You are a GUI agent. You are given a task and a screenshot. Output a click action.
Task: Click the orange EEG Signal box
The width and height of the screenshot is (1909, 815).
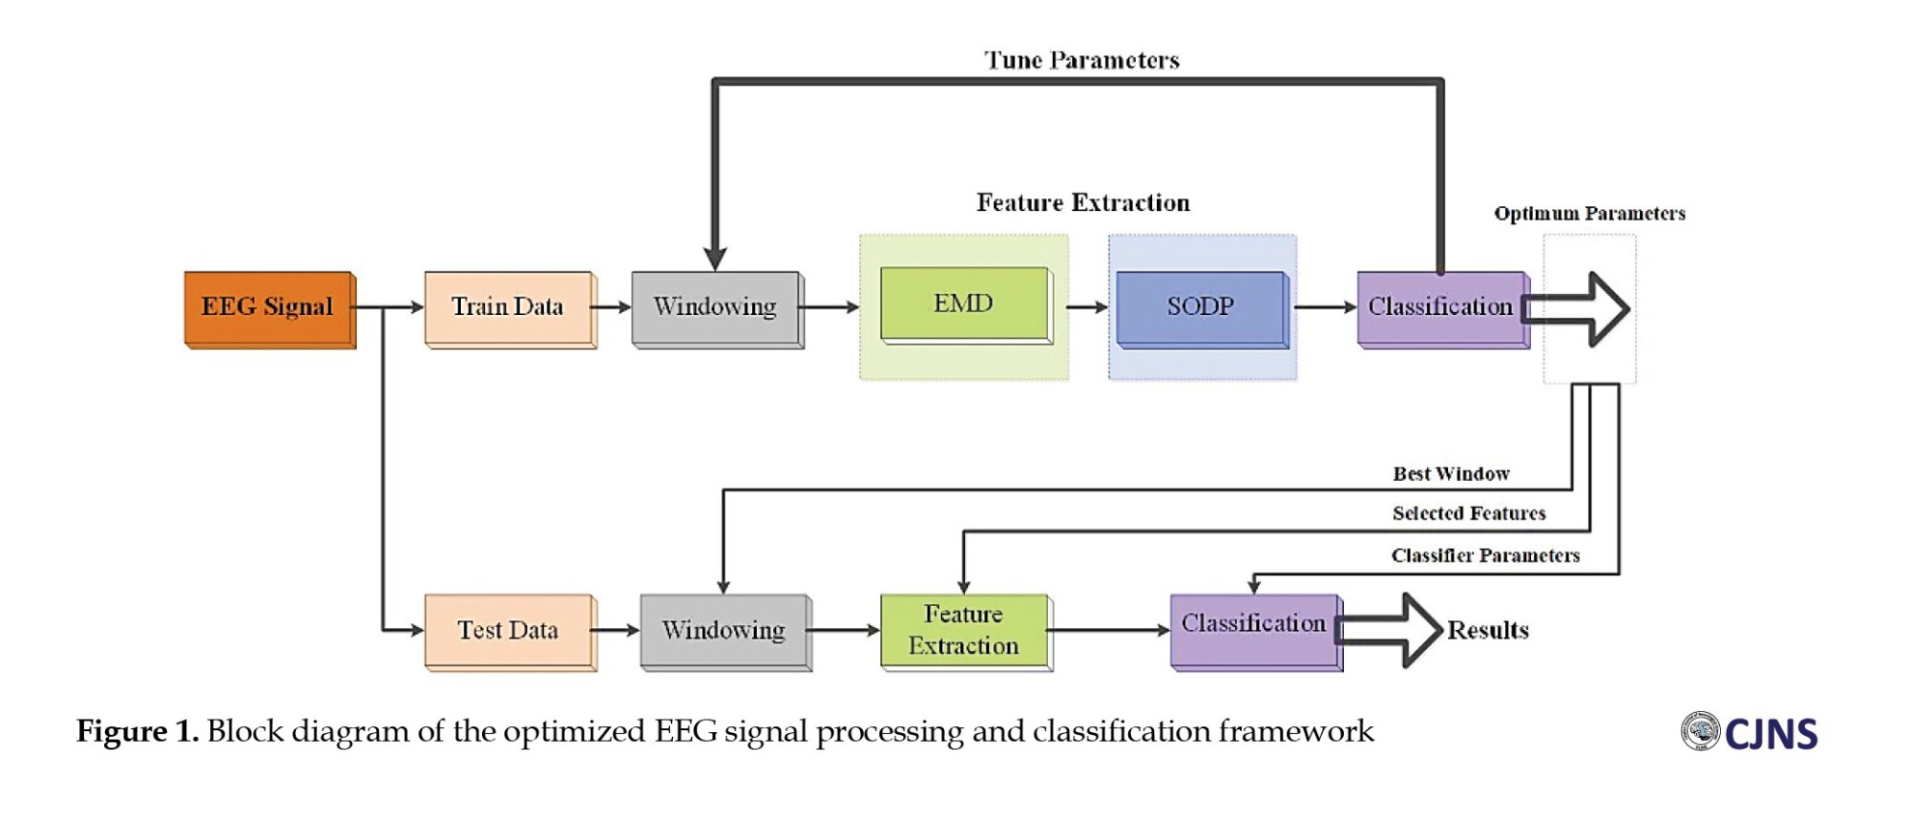268,307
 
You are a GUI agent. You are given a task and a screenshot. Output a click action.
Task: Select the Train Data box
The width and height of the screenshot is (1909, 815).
509,307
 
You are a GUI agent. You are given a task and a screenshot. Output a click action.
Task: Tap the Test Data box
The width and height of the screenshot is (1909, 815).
509,630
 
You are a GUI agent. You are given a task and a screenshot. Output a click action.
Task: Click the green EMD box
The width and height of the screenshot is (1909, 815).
964,303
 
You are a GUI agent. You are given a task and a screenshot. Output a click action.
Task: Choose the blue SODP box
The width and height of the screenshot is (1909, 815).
1201,307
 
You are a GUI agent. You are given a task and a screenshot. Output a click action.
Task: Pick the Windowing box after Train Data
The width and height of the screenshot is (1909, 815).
716,307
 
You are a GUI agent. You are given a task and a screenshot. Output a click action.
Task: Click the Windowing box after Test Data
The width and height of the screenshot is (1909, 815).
724,630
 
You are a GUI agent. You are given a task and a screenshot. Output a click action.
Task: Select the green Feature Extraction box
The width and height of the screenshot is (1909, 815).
964,630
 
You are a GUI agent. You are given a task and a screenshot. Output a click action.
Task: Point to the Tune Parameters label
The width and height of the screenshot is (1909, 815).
1082,61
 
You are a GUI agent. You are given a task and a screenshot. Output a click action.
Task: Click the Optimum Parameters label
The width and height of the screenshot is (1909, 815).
1589,214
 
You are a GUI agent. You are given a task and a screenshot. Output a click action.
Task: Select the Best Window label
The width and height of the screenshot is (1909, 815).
1451,474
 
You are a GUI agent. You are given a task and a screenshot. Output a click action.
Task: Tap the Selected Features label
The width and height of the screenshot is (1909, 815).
1469,513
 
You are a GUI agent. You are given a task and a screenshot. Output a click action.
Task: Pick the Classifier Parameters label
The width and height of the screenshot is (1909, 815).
1485,555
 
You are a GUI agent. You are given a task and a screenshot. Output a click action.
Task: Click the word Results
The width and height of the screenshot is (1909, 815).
1488,631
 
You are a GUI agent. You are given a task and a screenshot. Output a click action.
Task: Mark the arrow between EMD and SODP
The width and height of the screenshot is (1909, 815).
1086,307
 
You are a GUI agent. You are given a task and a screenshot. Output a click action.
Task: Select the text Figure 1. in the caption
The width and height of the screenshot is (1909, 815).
137,732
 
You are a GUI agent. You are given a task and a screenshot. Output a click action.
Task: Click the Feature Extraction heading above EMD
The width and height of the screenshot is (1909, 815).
1082,203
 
